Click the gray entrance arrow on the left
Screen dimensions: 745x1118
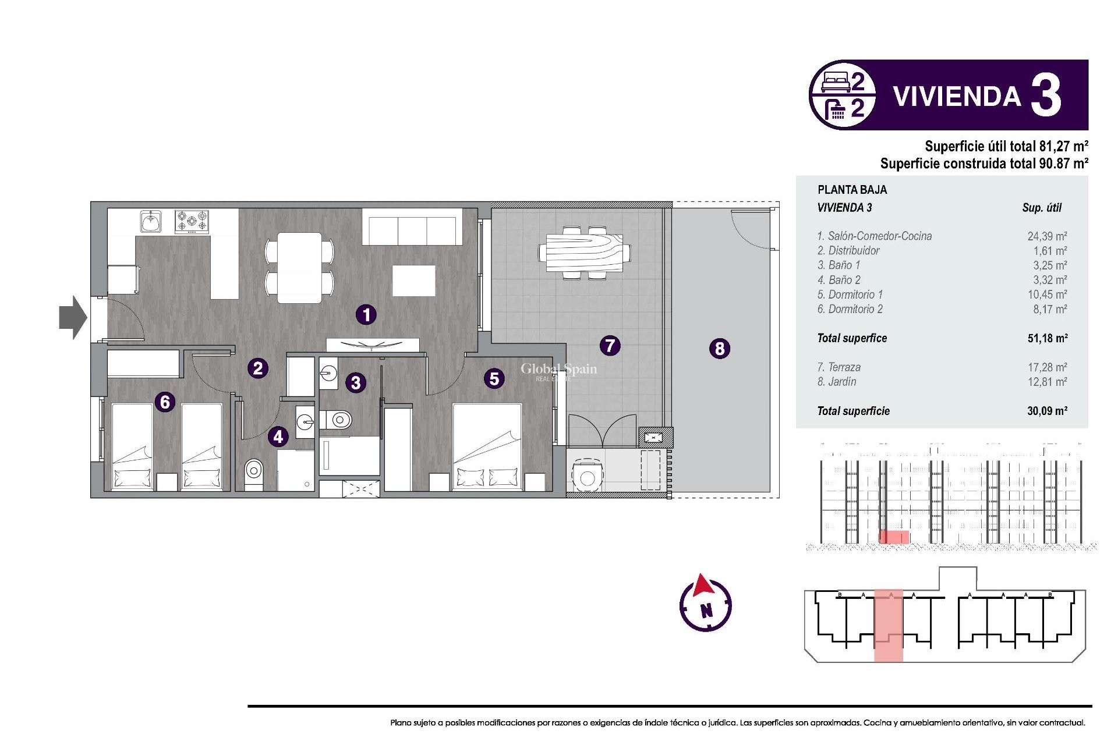click(73, 317)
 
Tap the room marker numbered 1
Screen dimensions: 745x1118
click(366, 315)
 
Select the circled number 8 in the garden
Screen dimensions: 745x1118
click(720, 349)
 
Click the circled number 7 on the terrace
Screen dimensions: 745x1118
click(610, 346)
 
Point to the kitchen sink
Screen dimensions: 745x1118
click(151, 222)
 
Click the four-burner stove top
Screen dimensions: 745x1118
click(192, 222)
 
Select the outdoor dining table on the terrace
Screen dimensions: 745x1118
click(584, 253)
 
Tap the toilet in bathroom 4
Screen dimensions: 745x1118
click(253, 469)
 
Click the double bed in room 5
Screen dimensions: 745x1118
click(487, 445)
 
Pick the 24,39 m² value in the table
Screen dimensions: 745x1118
click(1046, 236)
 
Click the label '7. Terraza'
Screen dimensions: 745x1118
click(838, 367)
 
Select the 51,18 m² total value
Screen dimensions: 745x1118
click(1047, 338)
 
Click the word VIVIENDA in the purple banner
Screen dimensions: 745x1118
click(957, 97)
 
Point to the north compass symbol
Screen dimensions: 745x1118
click(705, 604)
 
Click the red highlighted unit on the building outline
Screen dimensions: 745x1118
click(888, 626)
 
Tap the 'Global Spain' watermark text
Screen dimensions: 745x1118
click(558, 369)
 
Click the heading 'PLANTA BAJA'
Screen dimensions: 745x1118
click(852, 190)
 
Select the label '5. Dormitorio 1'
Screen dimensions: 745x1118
click(850, 295)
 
